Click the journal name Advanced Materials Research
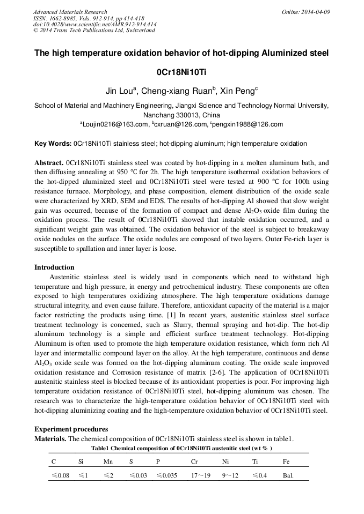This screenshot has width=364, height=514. click(x=70, y=12)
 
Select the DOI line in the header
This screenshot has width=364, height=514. click(x=95, y=25)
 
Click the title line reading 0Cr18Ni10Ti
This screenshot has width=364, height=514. click(x=181, y=72)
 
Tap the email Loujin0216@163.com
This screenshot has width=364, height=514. click(x=114, y=124)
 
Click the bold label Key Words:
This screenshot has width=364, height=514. click(x=53, y=144)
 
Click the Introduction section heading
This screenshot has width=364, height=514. click(x=54, y=267)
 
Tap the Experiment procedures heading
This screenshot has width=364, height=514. click(x=71, y=429)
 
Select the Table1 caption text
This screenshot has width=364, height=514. click(x=181, y=448)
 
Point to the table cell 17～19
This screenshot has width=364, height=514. click(x=200, y=475)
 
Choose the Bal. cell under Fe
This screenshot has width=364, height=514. click(x=288, y=475)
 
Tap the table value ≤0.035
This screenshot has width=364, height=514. click(x=166, y=475)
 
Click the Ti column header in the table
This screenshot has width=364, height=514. click(x=255, y=461)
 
